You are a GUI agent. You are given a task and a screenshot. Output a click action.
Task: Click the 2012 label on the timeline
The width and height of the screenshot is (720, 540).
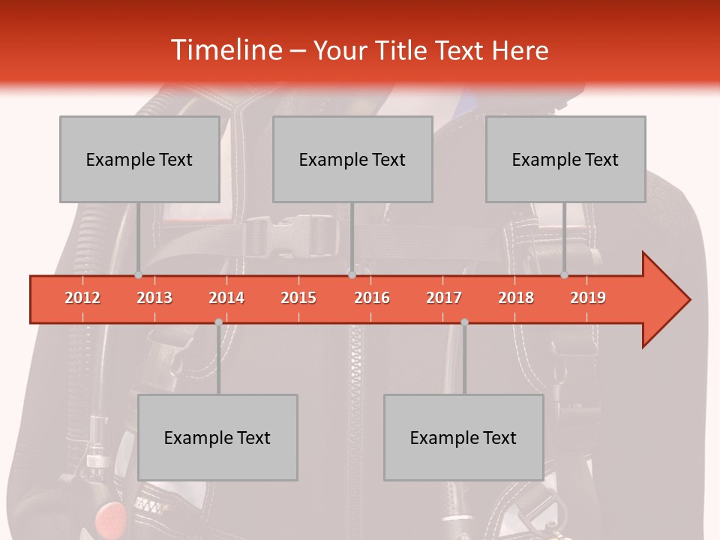82,298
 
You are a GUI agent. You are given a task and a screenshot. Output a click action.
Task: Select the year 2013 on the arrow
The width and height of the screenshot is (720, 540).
154,298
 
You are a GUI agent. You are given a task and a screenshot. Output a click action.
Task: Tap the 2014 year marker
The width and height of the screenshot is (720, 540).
226,298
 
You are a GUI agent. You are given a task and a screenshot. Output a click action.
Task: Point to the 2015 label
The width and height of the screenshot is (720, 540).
298,298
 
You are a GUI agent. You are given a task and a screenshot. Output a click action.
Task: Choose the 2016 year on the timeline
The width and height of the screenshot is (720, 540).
372,298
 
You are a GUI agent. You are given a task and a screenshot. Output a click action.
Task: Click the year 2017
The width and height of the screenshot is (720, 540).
444,298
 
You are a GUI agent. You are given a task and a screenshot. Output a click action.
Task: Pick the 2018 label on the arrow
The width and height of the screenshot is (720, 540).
516,298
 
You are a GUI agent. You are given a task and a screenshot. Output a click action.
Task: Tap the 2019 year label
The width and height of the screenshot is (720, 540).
588,298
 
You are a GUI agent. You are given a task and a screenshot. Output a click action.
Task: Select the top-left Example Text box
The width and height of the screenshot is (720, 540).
139,159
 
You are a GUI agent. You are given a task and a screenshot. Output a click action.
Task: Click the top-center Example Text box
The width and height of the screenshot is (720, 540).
352,159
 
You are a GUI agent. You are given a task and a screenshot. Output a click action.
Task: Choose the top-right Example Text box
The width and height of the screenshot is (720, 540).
565,159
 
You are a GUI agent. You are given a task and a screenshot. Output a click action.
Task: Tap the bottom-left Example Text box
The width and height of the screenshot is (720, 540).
217,437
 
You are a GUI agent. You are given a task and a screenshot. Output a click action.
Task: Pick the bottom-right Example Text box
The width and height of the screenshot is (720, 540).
463,437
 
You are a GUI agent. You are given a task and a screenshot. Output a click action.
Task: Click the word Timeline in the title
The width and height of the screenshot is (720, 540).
225,50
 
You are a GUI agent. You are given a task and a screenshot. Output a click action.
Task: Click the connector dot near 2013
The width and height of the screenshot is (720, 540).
138,274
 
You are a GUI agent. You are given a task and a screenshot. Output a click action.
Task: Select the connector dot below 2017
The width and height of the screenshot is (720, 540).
464,322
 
